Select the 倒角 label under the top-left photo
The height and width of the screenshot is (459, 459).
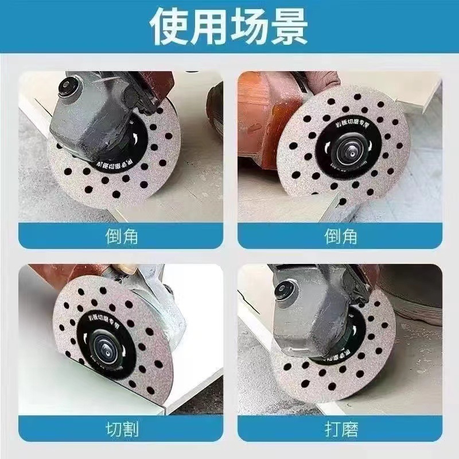click(122, 236)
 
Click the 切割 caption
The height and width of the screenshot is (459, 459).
click(122, 429)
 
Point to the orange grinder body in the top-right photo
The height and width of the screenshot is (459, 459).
click(264, 115)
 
